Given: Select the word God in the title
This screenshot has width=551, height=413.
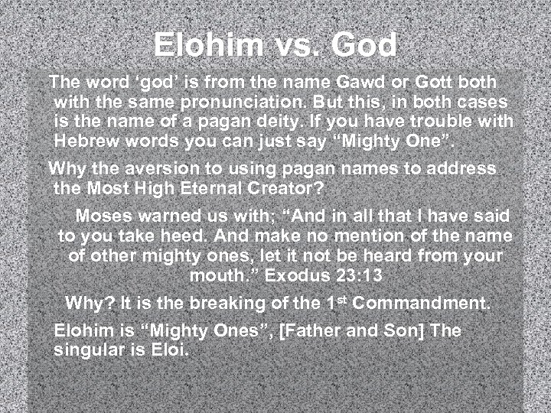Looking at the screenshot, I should click(365, 45).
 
